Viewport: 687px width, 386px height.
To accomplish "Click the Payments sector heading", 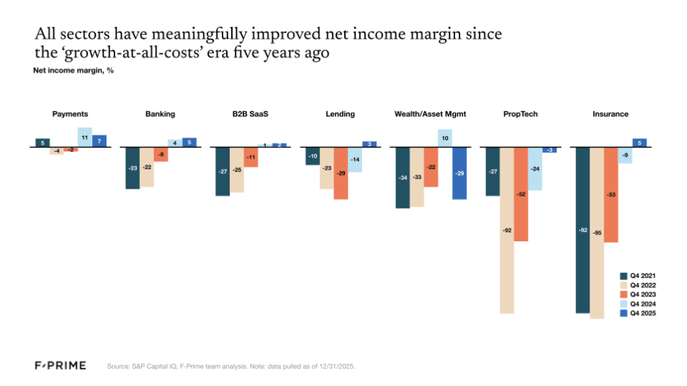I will (71, 114).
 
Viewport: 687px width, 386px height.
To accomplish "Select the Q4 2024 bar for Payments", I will (84, 137).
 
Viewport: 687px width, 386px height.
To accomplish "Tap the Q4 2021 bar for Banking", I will (133, 168).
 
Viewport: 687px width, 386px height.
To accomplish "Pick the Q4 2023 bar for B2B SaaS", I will (251, 157).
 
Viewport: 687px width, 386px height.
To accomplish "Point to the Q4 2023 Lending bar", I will (341, 173).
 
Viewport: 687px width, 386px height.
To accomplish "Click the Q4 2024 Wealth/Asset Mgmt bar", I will (445, 138).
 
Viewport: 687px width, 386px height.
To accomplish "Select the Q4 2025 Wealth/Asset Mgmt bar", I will (459, 173).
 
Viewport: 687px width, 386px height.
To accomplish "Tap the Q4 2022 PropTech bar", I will (507, 230).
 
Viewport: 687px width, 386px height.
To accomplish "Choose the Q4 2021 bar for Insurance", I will (582, 230).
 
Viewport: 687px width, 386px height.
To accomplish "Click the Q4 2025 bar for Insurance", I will (639, 143).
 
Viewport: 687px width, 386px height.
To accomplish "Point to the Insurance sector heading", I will (610, 114).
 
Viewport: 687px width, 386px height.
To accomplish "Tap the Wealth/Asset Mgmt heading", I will (431, 114).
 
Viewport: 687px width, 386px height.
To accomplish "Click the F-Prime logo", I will (60, 366).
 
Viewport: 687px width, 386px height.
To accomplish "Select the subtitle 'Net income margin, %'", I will (73, 71).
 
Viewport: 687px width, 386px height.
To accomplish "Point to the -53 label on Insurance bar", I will (611, 194).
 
